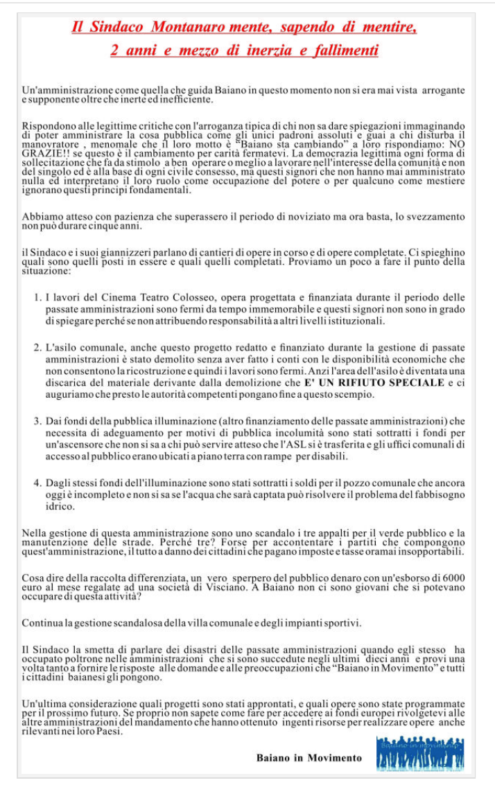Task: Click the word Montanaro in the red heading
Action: [191, 28]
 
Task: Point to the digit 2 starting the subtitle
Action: [114, 51]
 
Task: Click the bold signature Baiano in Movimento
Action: [309, 758]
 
